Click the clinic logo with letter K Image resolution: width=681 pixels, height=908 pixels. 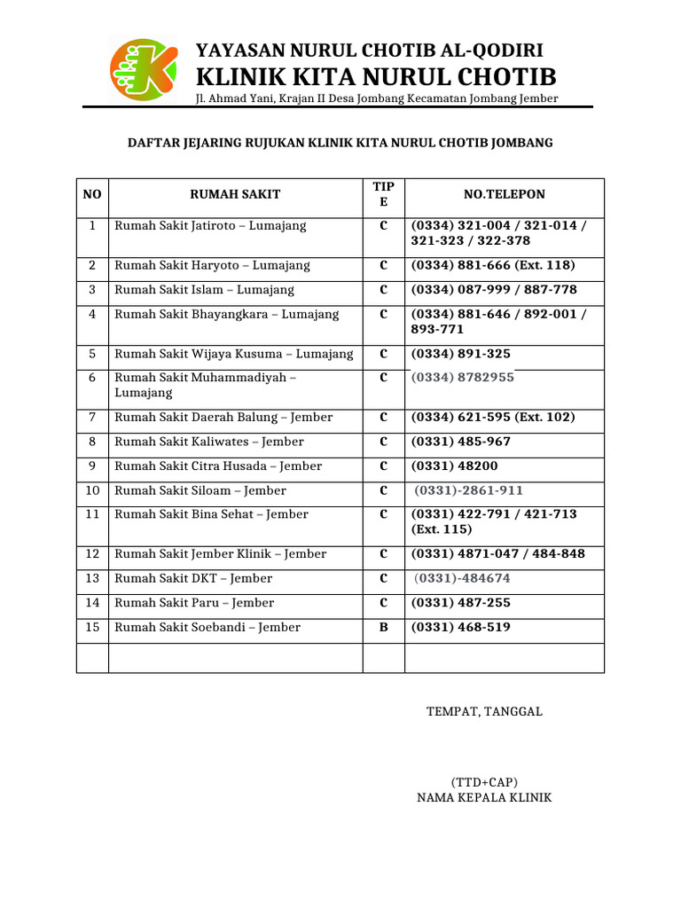click(x=137, y=68)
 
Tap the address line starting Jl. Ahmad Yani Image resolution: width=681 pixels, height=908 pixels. click(x=377, y=98)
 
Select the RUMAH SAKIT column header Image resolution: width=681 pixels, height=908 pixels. click(x=235, y=194)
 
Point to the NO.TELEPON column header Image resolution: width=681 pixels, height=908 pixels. click(x=504, y=194)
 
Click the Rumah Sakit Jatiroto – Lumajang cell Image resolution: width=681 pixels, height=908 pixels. click(x=210, y=226)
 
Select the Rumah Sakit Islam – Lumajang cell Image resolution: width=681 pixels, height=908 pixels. click(x=204, y=290)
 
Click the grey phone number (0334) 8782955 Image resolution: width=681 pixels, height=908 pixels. click(x=462, y=377)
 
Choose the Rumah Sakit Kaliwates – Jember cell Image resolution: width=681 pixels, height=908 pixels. click(x=209, y=442)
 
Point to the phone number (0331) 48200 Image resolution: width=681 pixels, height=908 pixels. click(x=454, y=466)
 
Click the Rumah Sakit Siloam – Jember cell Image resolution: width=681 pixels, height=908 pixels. click(x=200, y=490)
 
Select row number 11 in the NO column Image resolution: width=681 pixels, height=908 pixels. click(x=92, y=514)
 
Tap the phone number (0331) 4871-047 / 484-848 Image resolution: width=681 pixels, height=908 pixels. click(x=497, y=554)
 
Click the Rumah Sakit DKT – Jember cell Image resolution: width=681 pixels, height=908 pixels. click(x=193, y=578)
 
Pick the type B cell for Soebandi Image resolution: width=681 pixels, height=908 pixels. click(x=383, y=627)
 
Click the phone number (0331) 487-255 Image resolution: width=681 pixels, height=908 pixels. click(x=460, y=603)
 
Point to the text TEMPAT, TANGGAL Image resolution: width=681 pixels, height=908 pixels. click(x=484, y=711)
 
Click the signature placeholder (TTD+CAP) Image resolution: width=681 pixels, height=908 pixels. click(x=484, y=782)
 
